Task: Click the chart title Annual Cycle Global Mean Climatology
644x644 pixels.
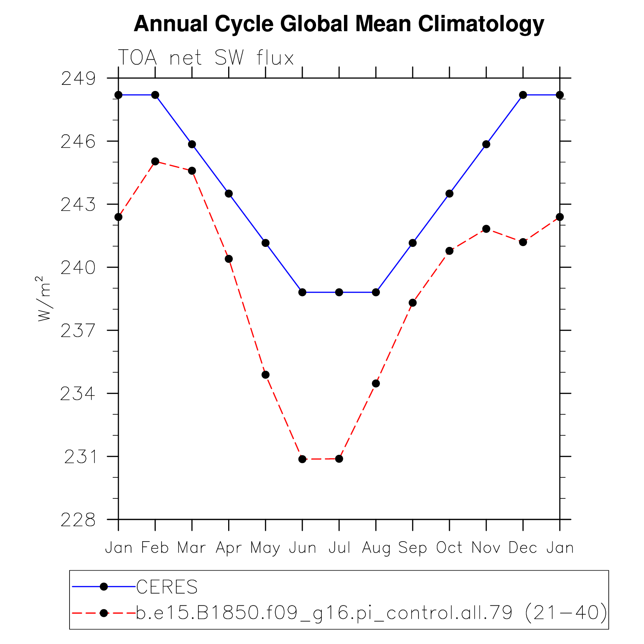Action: [x=339, y=24]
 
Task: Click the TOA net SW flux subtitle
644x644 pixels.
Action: [x=206, y=58]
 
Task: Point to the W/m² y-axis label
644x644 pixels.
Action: [x=44, y=299]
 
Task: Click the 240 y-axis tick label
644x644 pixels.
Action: [x=78, y=268]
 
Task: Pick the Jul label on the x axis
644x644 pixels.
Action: [x=339, y=548]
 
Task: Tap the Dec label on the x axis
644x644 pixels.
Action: [x=522, y=548]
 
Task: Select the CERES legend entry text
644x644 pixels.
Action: [x=167, y=587]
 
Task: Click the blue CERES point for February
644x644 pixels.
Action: [x=155, y=95]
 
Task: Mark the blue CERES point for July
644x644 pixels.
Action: [x=339, y=292]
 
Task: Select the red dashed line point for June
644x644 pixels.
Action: [x=302, y=459]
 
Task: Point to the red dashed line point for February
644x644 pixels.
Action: [x=155, y=161]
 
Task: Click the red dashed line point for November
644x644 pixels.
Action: [x=486, y=229]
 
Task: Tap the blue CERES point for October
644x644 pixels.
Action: [x=449, y=194]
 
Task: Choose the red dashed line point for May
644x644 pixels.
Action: [x=266, y=375]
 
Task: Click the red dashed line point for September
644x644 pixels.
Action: [x=413, y=303]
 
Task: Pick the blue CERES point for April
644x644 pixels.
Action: [x=229, y=194]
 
